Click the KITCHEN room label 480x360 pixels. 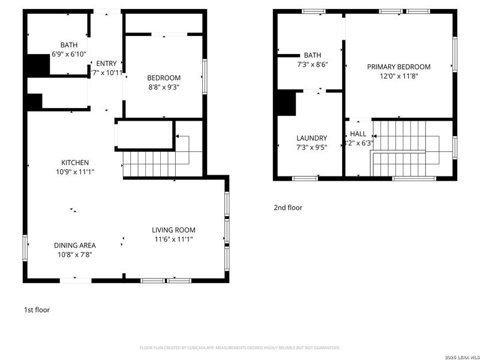pyautogui.click(x=75, y=163)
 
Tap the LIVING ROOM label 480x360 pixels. pyautogui.click(x=173, y=230)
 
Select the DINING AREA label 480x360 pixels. pyautogui.click(x=75, y=245)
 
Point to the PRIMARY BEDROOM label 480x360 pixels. pyautogui.click(x=398, y=67)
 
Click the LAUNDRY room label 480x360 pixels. pyautogui.click(x=311, y=138)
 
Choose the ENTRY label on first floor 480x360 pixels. pyautogui.click(x=106, y=64)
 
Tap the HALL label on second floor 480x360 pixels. pyautogui.click(x=358, y=134)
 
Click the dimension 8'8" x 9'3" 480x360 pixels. pyautogui.click(x=164, y=87)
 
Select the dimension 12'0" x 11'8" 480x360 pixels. pyautogui.click(x=398, y=76)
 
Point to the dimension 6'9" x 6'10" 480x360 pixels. pyautogui.click(x=69, y=54)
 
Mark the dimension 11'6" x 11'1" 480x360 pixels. pyautogui.click(x=173, y=239)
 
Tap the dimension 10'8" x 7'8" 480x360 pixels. pyautogui.click(x=75, y=254)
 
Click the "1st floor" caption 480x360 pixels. pyautogui.click(x=37, y=310)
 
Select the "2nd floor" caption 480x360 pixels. pyautogui.click(x=288, y=208)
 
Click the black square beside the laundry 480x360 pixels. pyautogui.click(x=286, y=103)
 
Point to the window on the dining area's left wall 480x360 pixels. pyautogui.click(x=25, y=248)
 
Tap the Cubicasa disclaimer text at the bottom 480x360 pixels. pyautogui.click(x=240, y=347)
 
